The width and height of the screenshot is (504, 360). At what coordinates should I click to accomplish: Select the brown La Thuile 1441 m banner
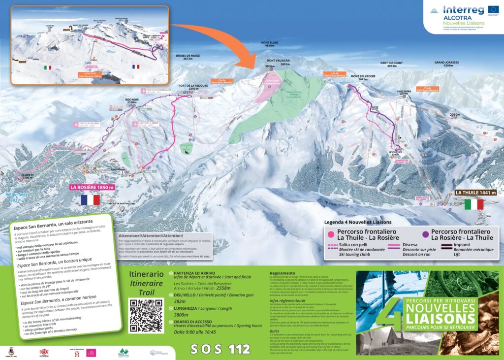475,193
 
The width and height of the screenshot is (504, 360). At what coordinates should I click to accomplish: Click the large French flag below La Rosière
90,200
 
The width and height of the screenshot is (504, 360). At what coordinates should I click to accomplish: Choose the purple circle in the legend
424,234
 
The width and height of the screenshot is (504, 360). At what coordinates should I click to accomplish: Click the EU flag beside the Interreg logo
492,9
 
